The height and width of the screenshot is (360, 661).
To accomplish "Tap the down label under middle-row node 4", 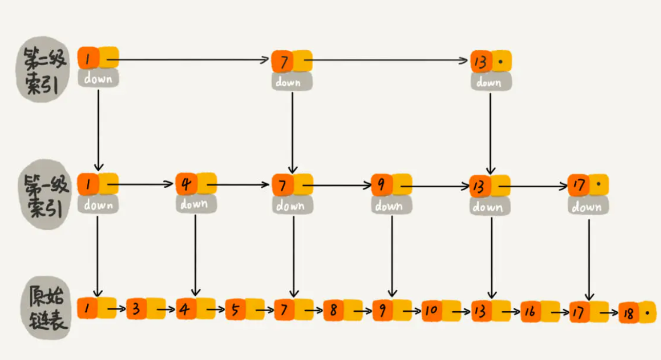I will click(x=195, y=204).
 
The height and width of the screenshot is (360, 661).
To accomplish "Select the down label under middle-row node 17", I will click(x=588, y=207).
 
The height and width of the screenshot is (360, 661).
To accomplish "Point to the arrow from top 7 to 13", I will click(x=390, y=61).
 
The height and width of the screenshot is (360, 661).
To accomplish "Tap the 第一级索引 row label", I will click(x=46, y=196).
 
